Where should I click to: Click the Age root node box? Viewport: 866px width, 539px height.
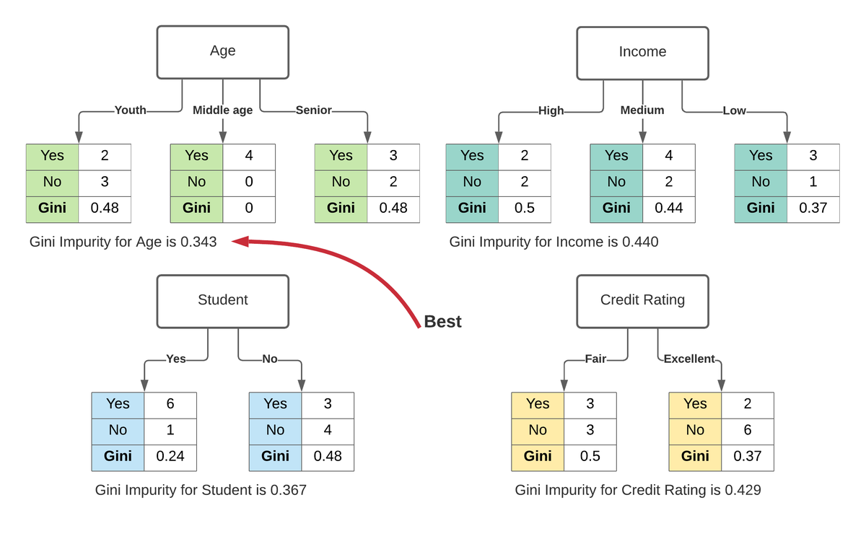(x=222, y=52)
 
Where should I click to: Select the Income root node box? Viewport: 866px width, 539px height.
(x=642, y=52)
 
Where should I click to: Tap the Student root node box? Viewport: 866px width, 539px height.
(x=222, y=300)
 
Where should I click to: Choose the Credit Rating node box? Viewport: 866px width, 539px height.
(x=642, y=300)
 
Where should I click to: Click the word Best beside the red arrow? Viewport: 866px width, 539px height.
(x=442, y=322)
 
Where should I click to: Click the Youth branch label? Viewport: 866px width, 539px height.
(x=131, y=110)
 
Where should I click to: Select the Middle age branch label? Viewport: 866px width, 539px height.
(x=222, y=110)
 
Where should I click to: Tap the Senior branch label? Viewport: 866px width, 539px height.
(x=313, y=110)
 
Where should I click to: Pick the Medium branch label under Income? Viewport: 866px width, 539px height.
(x=642, y=110)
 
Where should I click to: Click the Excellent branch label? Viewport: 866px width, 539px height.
(x=688, y=359)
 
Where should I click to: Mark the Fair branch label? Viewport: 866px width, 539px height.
(x=595, y=359)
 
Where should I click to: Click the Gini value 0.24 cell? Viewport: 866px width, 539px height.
(x=170, y=457)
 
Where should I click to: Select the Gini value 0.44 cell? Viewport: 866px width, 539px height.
(x=668, y=209)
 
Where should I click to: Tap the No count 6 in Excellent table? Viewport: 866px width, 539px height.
(x=747, y=431)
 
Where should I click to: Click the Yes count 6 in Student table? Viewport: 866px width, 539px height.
(x=170, y=404)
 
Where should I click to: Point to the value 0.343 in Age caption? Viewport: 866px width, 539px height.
(x=198, y=242)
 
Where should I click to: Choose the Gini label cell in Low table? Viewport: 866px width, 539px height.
(x=761, y=209)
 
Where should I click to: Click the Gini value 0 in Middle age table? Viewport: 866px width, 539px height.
(x=249, y=209)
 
